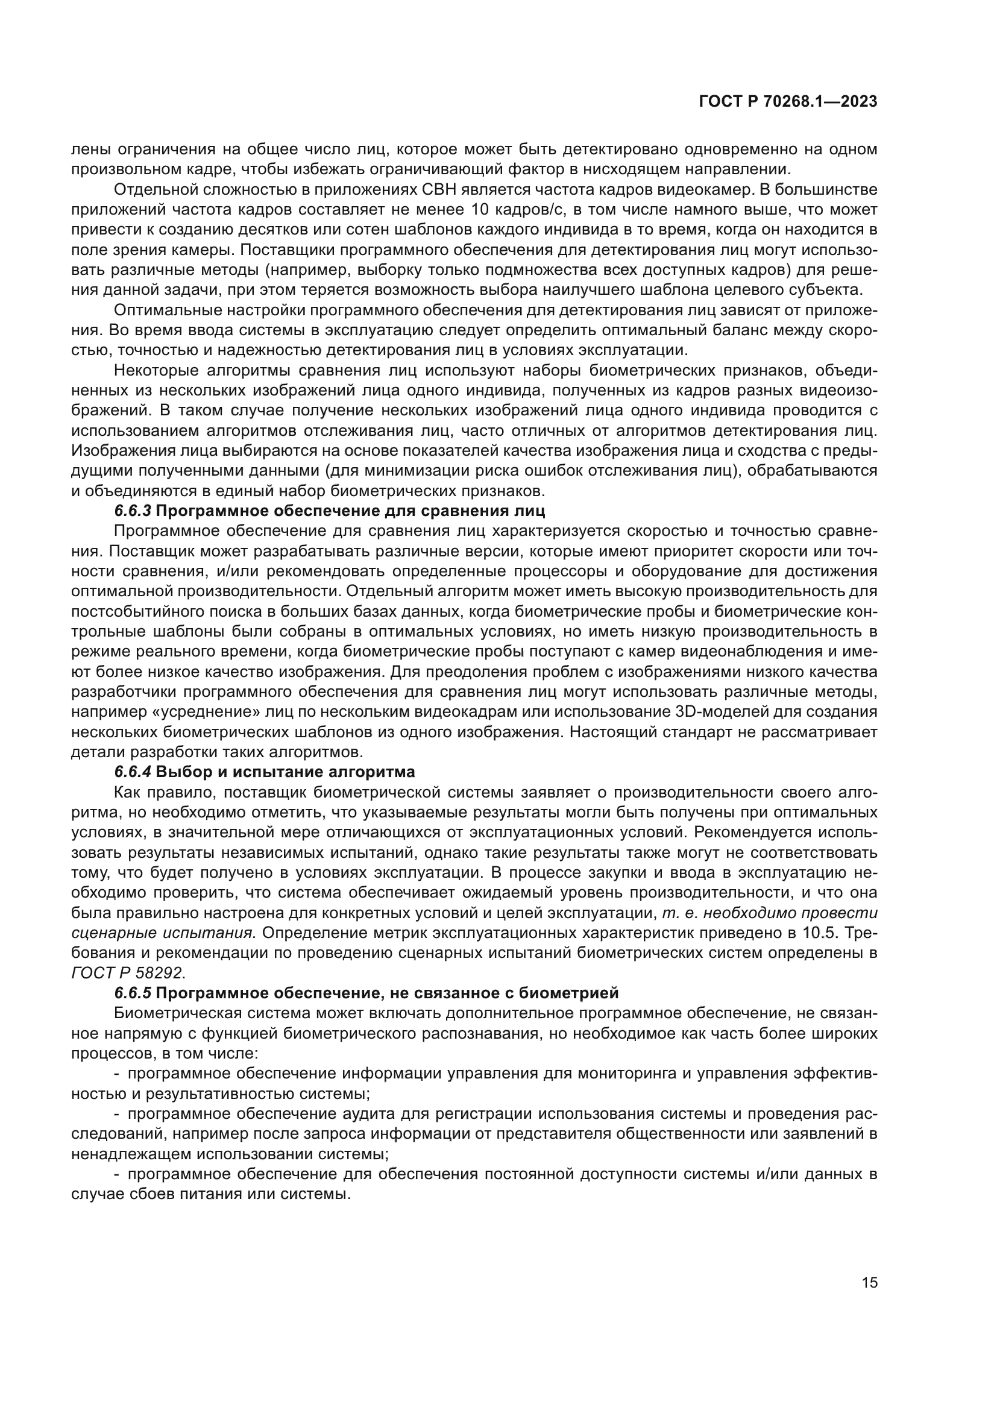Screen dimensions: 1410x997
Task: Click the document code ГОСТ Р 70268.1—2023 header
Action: tap(788, 102)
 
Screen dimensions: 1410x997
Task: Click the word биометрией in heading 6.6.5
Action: tap(573, 992)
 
